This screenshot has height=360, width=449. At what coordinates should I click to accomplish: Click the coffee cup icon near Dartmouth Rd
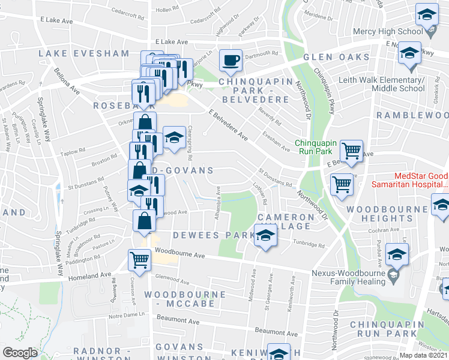(231, 60)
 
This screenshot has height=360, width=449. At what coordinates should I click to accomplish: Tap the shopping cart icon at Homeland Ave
(139, 260)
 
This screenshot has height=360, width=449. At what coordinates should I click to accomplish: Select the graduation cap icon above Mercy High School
(427, 14)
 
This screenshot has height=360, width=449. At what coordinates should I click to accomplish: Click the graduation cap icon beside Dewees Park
(265, 235)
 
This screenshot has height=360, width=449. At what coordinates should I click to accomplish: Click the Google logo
(20, 353)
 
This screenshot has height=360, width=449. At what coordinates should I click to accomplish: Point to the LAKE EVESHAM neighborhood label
(84, 53)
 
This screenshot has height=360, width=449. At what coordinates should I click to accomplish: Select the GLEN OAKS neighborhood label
(336, 57)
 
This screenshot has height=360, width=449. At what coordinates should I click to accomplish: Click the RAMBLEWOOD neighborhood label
(412, 115)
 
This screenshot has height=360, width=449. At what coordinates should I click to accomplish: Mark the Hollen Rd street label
(167, 10)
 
